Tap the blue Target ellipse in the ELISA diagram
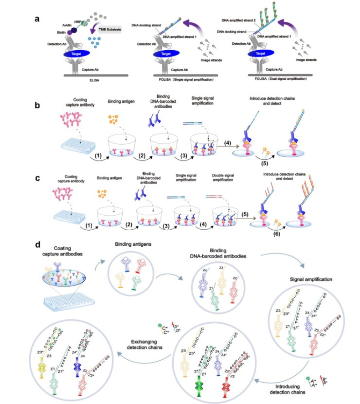pos(81,54)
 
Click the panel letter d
pos(38,245)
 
